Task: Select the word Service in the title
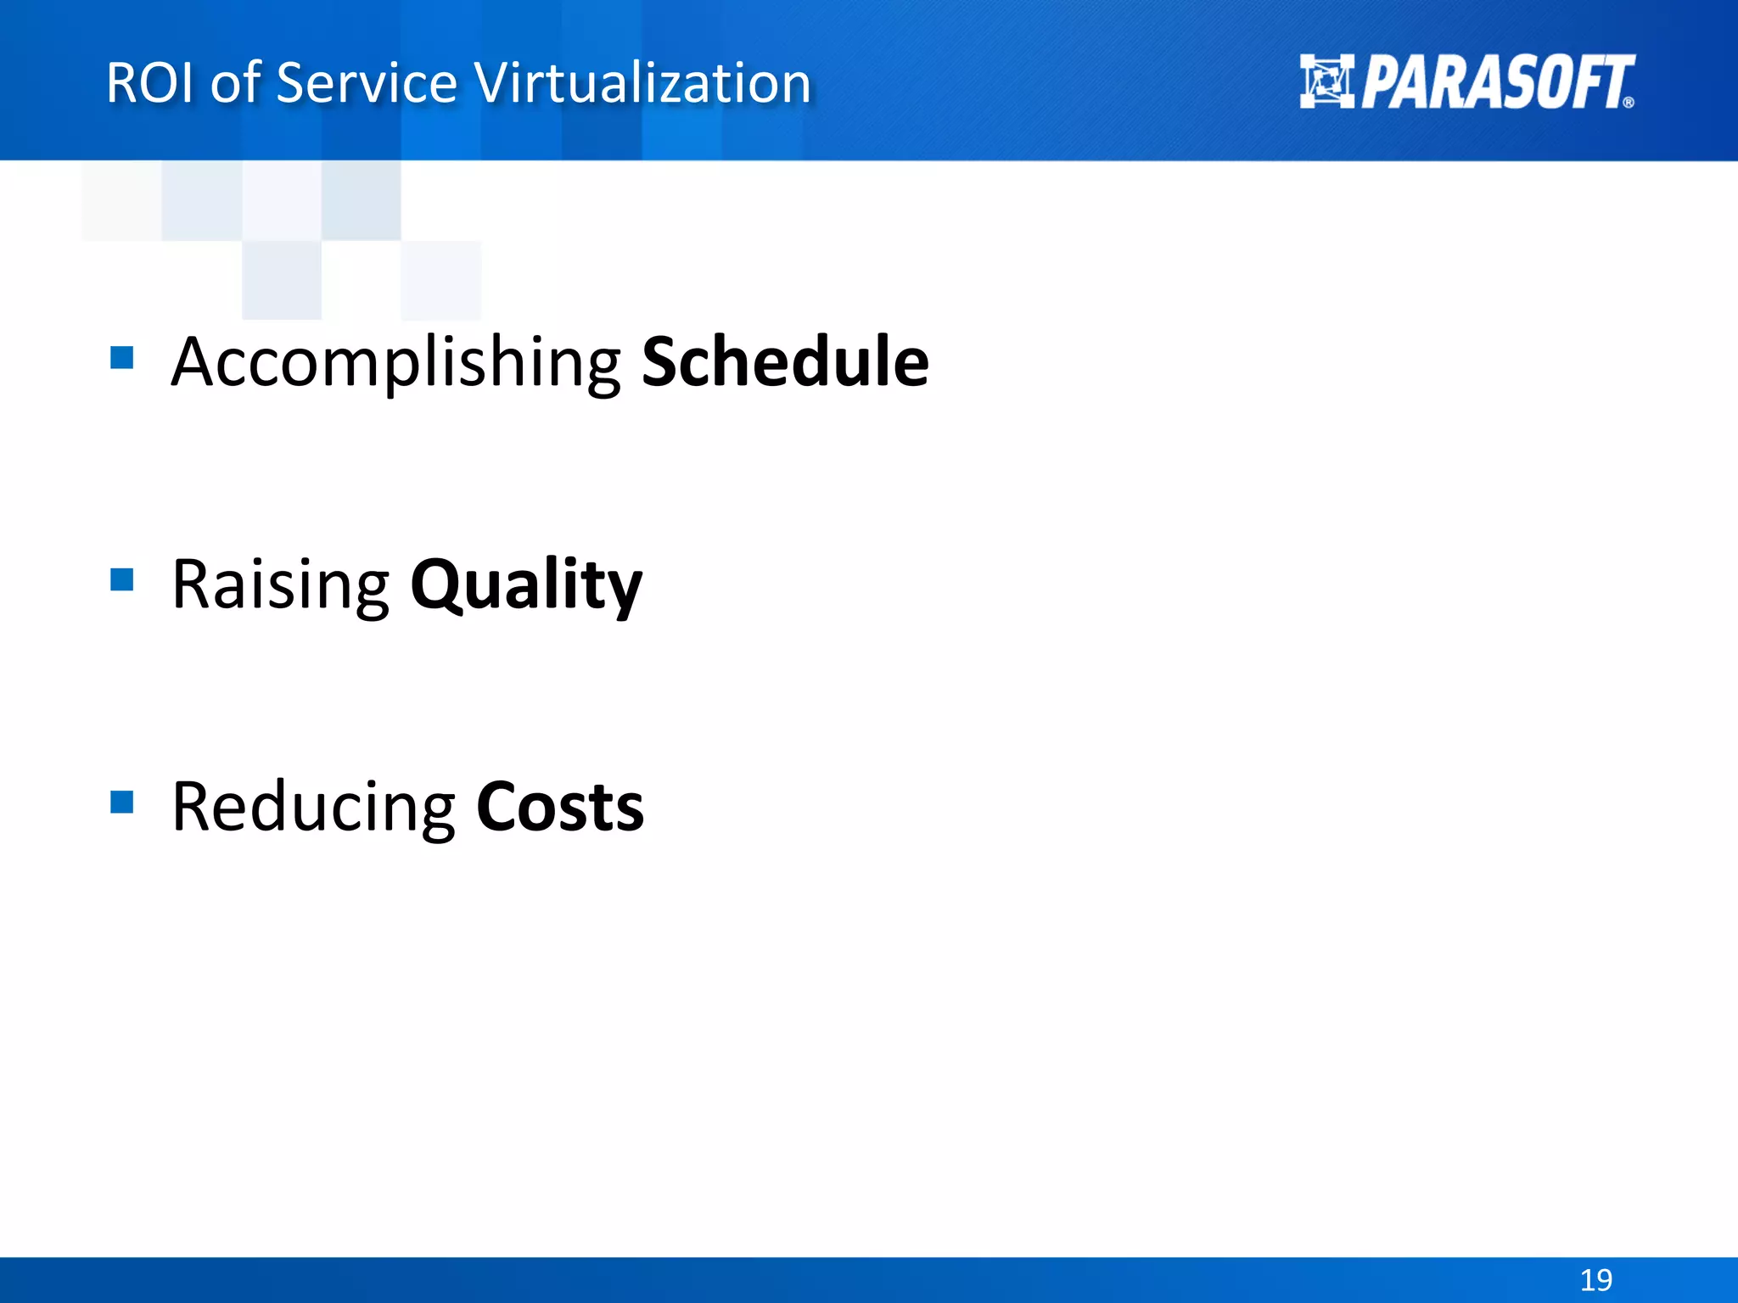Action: pos(367,83)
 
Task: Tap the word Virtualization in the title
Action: pos(642,83)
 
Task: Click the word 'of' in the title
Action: pos(235,83)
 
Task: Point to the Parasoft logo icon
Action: pos(1326,81)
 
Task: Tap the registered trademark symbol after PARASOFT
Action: pos(1628,103)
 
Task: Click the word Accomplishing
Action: pos(395,363)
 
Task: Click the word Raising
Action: pos(280,584)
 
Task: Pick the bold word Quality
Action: pos(526,584)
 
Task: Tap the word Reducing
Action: pos(313,807)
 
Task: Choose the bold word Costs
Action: pos(560,807)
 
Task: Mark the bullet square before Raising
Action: pos(122,579)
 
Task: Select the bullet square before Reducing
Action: pos(122,802)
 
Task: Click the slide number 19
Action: pos(1595,1279)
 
